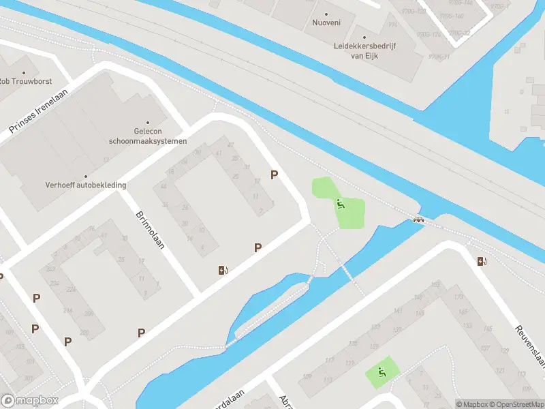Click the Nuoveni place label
[326, 22]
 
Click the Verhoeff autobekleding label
[86, 185]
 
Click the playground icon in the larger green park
[340, 204]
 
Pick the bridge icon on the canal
[418, 219]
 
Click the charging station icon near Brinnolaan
[222, 270]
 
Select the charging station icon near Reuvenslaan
[482, 261]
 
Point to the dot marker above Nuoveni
[326, 14]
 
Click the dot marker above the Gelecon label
[147, 123]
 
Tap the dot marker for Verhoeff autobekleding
[86, 176]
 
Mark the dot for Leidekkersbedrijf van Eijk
[364, 37]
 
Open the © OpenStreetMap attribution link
[515, 404]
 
